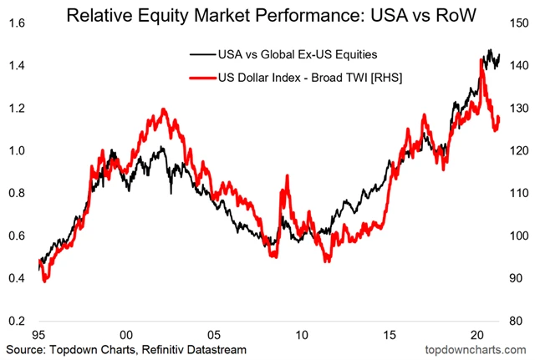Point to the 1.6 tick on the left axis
[x=15, y=23]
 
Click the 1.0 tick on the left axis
[x=15, y=150]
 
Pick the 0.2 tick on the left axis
[x=15, y=321]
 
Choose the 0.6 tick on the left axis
[x=15, y=236]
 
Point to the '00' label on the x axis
[x=125, y=334]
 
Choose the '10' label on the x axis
[x=302, y=334]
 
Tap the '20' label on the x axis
[x=477, y=334]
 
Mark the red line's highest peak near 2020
[x=483, y=60]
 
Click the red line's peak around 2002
[x=163, y=109]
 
